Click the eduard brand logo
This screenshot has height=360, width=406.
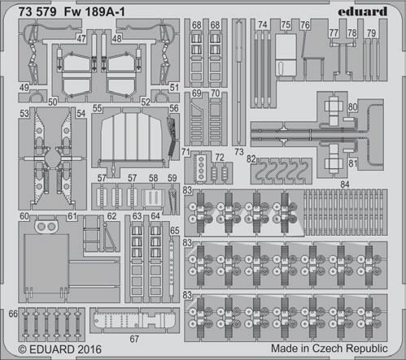362,11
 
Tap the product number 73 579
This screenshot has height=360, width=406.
37,12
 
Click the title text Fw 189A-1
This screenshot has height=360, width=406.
94,12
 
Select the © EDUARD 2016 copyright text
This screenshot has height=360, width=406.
60,349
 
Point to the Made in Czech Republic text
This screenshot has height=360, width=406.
330,348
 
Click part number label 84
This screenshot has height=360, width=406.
345,184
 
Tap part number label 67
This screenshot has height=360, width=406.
134,339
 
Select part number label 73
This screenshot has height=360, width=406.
239,152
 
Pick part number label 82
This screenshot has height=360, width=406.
251,159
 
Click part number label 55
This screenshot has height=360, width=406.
97,108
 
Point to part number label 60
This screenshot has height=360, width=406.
24,216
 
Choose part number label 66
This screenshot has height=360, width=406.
13,314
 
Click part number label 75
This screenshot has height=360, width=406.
286,24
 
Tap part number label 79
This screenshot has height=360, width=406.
371,33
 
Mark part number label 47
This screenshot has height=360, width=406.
81,39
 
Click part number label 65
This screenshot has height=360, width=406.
175,230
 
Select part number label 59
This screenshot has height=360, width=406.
172,178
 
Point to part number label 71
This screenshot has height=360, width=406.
186,152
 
